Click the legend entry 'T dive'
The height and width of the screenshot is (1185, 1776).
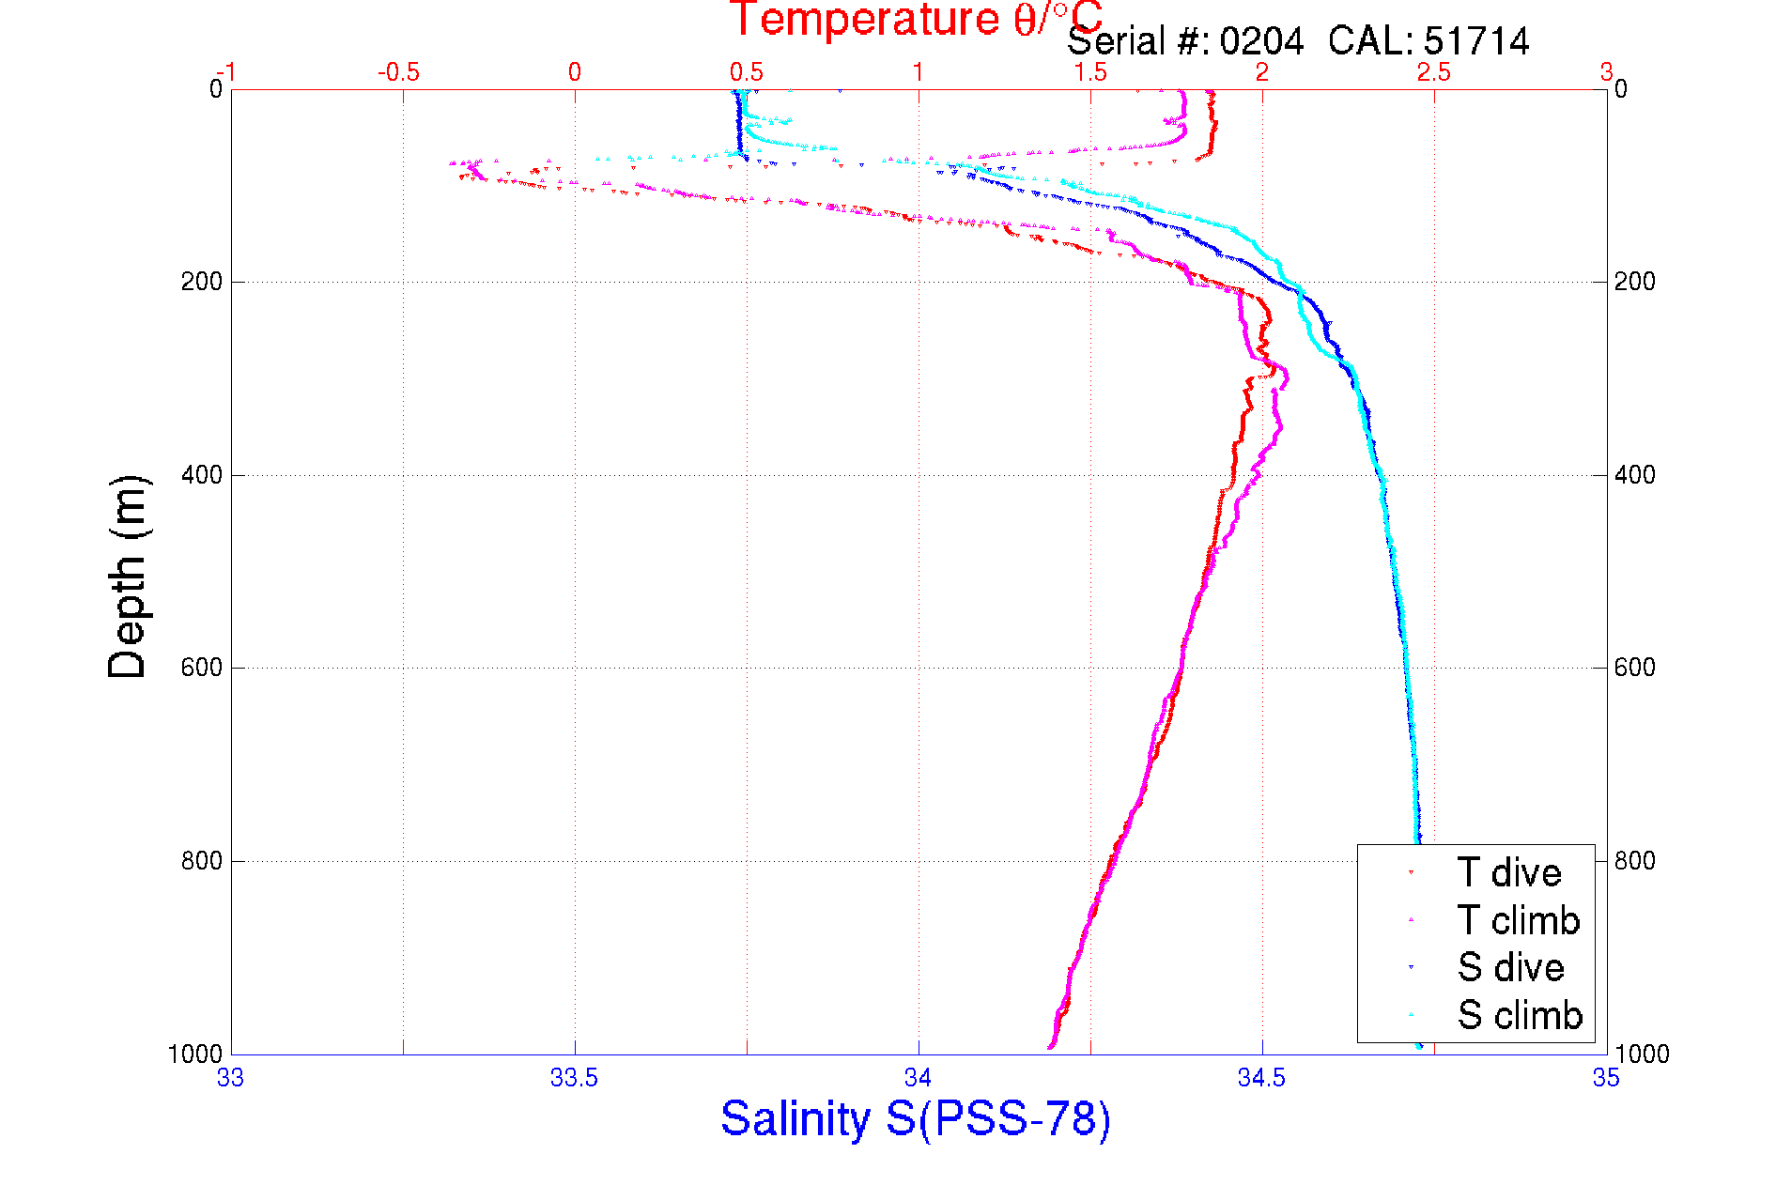click(1508, 873)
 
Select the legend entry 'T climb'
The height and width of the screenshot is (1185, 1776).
click(1518, 920)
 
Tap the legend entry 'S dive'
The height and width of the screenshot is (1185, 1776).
click(1510, 967)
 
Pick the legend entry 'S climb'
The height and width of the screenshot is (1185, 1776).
click(1520, 1015)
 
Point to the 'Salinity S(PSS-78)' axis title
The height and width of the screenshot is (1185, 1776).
click(916, 1118)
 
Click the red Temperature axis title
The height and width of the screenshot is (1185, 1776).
click(916, 19)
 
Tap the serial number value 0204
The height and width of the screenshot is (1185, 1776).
click(1261, 41)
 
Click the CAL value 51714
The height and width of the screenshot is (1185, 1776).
click(1476, 41)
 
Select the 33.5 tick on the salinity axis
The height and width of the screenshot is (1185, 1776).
click(574, 1078)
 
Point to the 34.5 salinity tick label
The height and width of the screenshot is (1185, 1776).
click(1261, 1078)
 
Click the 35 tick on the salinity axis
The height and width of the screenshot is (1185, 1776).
click(1606, 1078)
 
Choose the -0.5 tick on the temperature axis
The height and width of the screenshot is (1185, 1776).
click(398, 72)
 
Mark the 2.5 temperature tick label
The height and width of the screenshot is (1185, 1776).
click(1434, 72)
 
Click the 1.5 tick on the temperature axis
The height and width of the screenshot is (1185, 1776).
click(1090, 72)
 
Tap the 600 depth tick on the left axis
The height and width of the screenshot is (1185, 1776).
click(201, 668)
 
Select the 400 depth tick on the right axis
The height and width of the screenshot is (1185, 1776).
click(1635, 475)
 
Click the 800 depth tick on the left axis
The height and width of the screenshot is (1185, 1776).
click(201, 861)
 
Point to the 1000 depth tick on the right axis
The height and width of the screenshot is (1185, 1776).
click(1642, 1054)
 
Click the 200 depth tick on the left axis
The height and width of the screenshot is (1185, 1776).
click(201, 282)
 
